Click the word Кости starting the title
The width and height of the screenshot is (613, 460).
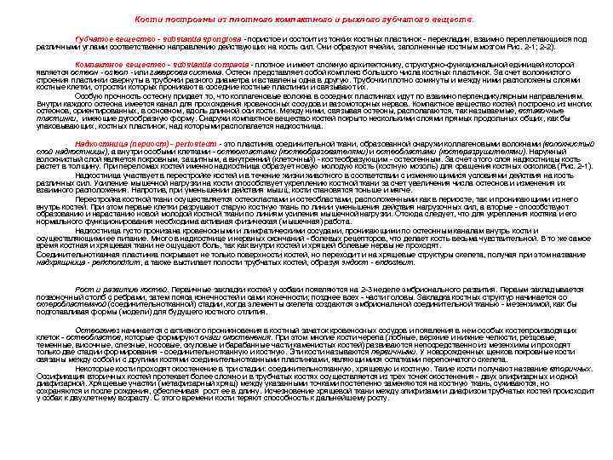click(x=150, y=19)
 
